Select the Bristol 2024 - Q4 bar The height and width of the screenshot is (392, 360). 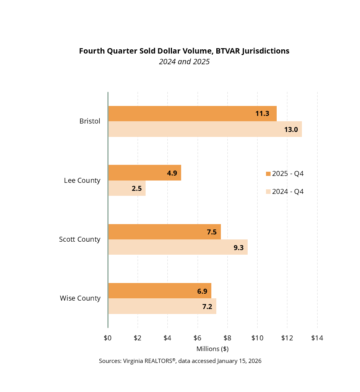point(205,129)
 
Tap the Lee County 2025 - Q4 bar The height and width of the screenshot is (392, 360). point(144,173)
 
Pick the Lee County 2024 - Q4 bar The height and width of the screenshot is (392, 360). point(127,188)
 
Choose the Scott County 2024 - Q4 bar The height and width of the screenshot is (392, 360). point(178,247)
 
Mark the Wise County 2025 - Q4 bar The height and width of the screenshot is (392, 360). point(159,291)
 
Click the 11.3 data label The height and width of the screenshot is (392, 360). point(263,114)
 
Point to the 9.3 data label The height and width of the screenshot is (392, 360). point(238,247)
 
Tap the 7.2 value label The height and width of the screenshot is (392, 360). point(207,306)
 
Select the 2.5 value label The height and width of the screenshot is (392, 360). point(136,188)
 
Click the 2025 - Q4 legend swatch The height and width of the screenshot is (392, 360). point(268,174)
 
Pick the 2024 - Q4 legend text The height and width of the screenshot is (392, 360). point(288,192)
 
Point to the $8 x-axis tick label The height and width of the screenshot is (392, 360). point(227,338)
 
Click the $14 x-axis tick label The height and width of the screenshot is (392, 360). point(317,338)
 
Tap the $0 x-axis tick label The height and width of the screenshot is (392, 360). point(108,338)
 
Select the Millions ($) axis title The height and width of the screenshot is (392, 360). point(212,349)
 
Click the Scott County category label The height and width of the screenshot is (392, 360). point(79,239)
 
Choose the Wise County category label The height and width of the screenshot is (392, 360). point(80,298)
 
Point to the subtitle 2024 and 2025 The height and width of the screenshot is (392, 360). point(184,62)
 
